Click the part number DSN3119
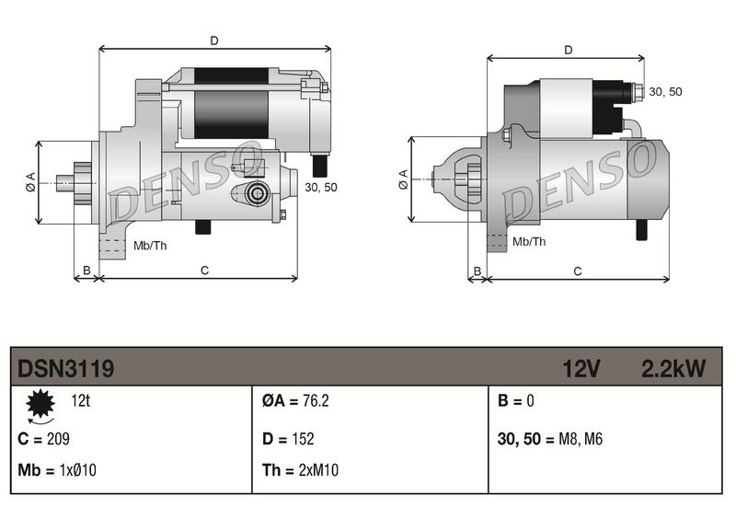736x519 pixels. click(66, 369)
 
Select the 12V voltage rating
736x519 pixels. click(581, 369)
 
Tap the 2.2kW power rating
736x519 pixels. click(673, 369)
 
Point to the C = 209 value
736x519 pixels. click(44, 438)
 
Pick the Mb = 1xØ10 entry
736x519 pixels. click(57, 471)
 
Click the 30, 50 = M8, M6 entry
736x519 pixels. click(549, 438)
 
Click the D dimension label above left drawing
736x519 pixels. click(214, 40)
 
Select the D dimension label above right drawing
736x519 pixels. click(568, 50)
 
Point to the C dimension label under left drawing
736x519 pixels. click(205, 270)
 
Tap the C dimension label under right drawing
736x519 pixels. click(578, 271)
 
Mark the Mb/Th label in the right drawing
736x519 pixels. click(529, 242)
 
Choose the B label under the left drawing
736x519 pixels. click(86, 270)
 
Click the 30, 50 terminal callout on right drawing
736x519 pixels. click(666, 92)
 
